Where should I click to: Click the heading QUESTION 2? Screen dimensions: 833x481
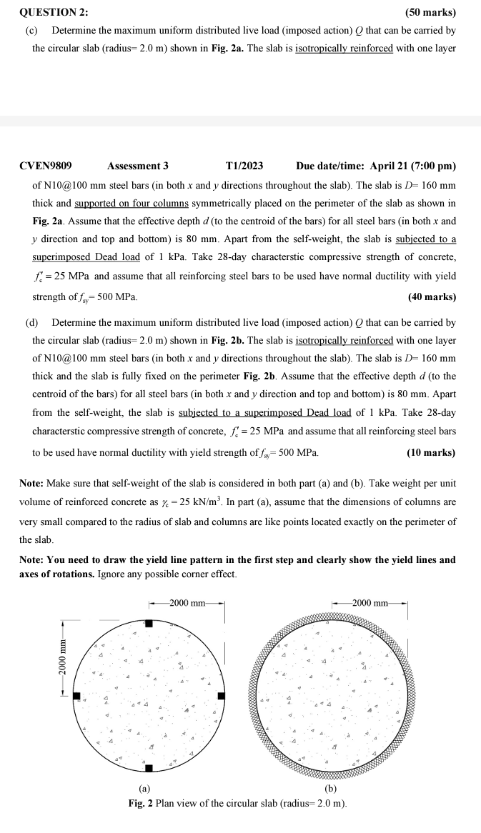click(x=49, y=12)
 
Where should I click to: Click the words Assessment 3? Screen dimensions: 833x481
click(x=138, y=166)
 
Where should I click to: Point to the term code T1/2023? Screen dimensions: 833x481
click(x=244, y=166)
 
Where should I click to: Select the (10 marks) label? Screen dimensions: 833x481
click(x=431, y=453)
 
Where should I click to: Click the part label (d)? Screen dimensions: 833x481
click(x=32, y=322)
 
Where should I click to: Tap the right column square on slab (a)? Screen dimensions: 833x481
click(x=222, y=697)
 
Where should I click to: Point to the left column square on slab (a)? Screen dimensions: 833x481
click(x=76, y=697)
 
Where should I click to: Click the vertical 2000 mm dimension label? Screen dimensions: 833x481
click(x=63, y=660)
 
